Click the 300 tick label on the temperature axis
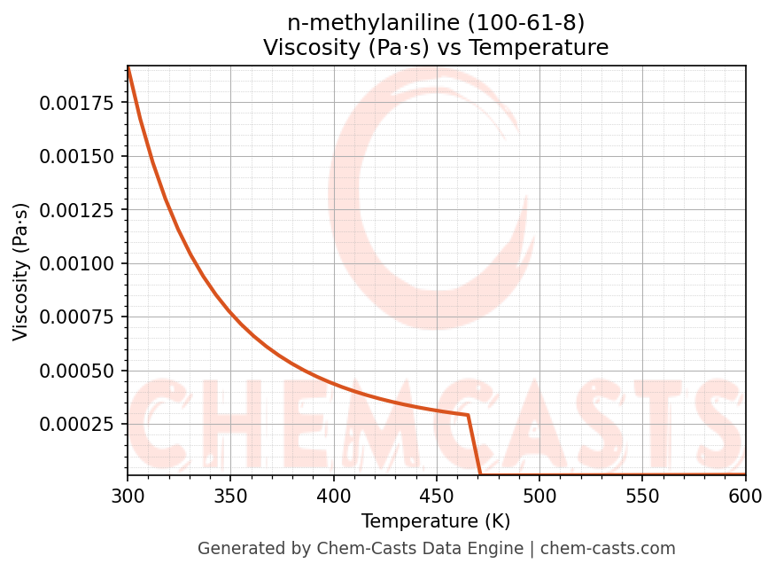click(x=128, y=497)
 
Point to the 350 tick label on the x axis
click(x=230, y=497)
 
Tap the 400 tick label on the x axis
click(x=333, y=497)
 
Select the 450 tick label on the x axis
click(x=436, y=497)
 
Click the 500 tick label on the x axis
click(x=539, y=497)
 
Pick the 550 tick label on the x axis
click(x=642, y=497)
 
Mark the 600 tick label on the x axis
click(x=745, y=497)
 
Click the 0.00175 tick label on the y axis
click(x=77, y=103)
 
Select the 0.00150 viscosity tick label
click(x=77, y=156)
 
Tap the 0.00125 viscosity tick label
click(x=77, y=210)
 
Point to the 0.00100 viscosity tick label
click(x=77, y=263)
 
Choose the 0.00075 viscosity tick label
click(x=77, y=317)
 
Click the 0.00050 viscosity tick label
click(x=77, y=371)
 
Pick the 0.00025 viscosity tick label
click(x=77, y=424)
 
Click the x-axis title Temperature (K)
click(x=436, y=521)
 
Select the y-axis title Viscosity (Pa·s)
click(x=21, y=271)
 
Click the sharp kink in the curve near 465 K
click(x=468, y=415)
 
